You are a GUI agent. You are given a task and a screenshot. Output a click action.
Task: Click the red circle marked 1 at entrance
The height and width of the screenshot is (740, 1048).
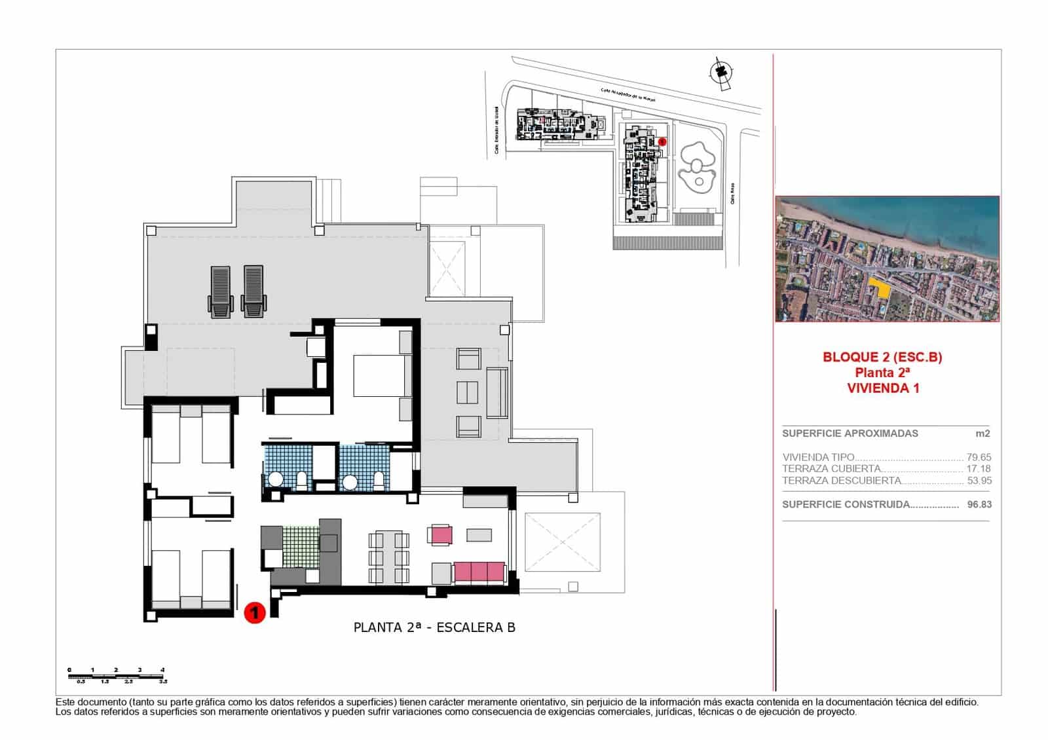click(254, 613)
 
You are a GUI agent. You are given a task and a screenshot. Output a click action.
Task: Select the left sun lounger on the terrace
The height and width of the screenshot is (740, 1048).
click(221, 291)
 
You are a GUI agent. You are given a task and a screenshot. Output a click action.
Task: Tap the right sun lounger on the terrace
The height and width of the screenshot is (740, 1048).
click(253, 291)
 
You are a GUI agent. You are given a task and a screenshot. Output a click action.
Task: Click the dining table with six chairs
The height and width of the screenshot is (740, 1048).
click(388, 557)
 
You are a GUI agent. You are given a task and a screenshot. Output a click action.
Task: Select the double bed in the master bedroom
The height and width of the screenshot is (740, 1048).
click(376, 375)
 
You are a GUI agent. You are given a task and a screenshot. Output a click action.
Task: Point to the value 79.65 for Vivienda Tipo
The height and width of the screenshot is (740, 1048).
click(979, 457)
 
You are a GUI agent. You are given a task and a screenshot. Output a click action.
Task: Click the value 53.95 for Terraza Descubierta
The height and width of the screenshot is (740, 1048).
click(979, 480)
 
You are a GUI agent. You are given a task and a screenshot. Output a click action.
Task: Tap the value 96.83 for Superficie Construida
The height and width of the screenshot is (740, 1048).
click(979, 504)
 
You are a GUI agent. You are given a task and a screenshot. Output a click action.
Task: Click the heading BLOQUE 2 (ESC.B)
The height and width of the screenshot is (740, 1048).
click(882, 357)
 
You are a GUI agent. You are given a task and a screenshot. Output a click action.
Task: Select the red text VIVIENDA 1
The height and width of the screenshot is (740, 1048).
click(882, 388)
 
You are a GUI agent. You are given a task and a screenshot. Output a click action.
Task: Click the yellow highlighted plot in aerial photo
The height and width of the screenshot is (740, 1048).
click(880, 287)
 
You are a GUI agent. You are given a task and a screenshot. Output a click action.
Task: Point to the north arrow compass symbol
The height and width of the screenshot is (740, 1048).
click(721, 72)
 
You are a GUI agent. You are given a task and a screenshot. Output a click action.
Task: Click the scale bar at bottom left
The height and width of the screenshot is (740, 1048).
click(117, 675)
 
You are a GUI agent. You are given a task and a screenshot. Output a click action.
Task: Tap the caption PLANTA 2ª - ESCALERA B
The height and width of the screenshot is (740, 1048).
click(434, 627)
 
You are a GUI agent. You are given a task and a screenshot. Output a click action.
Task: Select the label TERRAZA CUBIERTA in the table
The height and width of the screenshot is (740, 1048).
click(831, 469)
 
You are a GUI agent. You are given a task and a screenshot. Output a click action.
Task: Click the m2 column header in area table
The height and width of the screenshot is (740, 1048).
click(982, 434)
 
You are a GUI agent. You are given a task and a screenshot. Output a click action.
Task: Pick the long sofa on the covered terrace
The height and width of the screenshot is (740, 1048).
click(497, 393)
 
